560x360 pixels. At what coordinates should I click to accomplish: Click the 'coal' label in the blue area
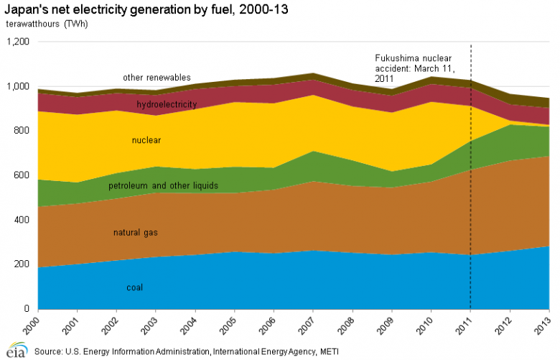(134, 287)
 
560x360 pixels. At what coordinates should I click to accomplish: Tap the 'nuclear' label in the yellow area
(147, 140)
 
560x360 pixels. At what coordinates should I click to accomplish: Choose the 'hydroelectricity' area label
(167, 105)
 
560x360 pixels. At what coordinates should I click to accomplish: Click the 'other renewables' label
(157, 78)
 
